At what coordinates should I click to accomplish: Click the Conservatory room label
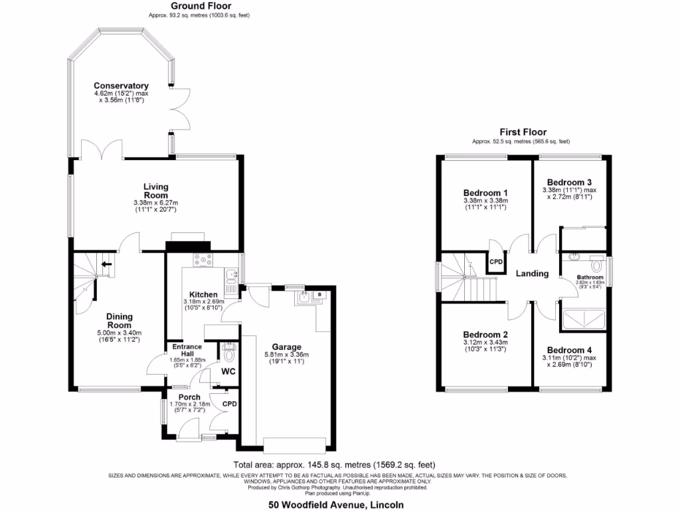coord(121,86)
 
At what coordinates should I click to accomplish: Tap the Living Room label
coord(157,191)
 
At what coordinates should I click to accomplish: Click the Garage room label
coord(286,347)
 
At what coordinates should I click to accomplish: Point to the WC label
coord(228,371)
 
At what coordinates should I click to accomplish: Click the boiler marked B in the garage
coord(319,294)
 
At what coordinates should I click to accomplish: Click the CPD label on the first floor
coord(496,262)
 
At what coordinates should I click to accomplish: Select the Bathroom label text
coord(590,277)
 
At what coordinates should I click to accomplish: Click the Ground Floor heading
coord(199,6)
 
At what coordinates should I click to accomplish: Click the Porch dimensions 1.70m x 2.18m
coord(189,404)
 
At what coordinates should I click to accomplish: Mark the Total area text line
coord(334,465)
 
